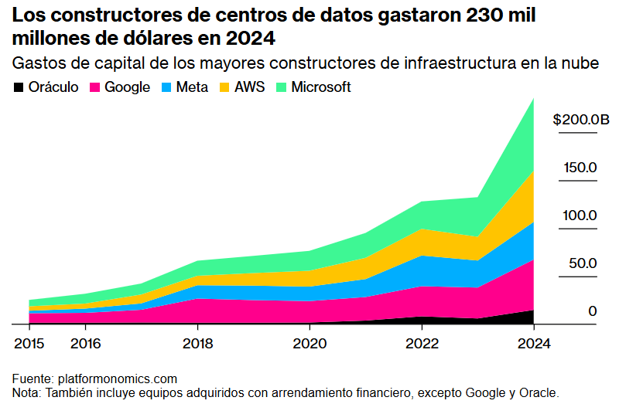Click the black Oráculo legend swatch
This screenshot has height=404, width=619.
tap(19, 87)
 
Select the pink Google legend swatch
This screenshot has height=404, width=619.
tap(95, 87)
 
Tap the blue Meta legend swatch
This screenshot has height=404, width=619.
tap(166, 87)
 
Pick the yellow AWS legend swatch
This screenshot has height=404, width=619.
tap(225, 87)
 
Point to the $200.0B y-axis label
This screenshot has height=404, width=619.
tap(580, 120)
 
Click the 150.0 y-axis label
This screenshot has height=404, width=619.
tap(580, 168)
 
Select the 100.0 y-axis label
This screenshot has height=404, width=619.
tap(580, 216)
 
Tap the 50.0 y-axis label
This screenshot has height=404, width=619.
tap(583, 263)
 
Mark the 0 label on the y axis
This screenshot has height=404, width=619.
tap(592, 311)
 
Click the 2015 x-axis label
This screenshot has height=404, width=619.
tap(29, 344)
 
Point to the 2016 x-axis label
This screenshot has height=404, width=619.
tap(85, 344)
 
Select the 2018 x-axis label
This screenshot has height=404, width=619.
tap(197, 344)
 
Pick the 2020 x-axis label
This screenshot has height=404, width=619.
tap(309, 344)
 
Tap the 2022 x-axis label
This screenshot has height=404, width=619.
tap(421, 344)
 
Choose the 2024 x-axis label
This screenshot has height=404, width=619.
tap(533, 344)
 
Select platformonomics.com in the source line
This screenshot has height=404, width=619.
tap(117, 379)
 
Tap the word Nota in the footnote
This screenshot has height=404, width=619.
tap(26, 392)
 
